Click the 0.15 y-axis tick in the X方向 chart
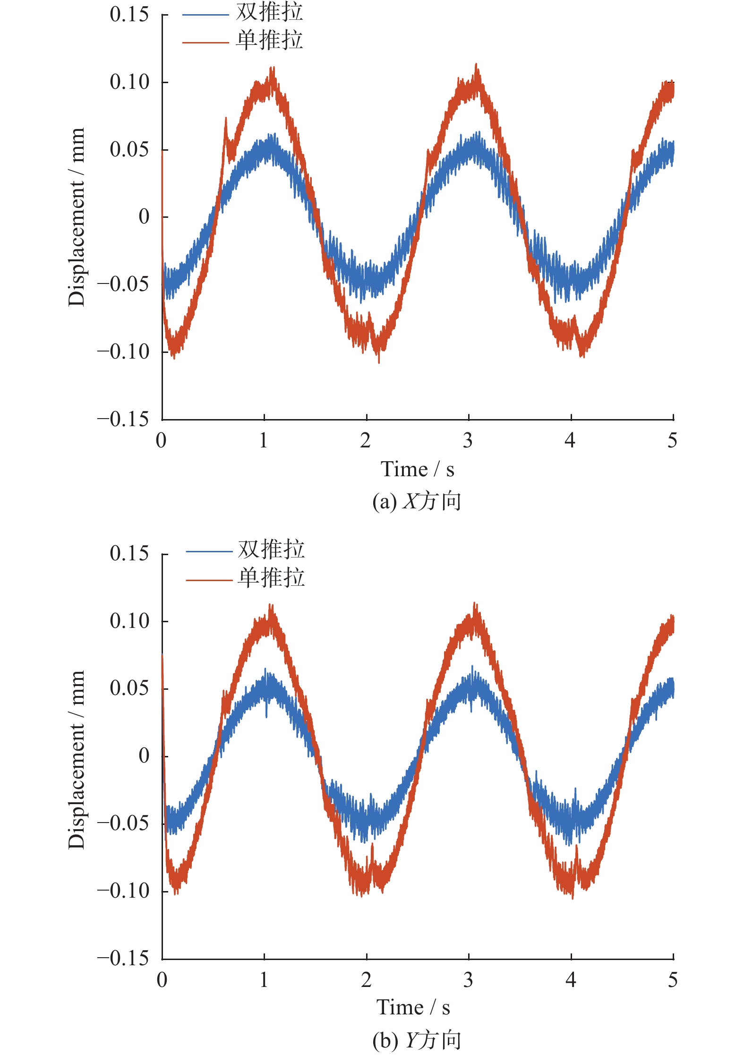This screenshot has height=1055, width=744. point(129,15)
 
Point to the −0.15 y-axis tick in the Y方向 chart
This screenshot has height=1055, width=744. point(123,958)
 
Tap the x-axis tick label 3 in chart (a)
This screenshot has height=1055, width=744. point(468,441)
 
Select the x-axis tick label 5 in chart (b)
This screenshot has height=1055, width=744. point(673,980)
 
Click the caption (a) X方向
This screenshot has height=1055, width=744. point(416,501)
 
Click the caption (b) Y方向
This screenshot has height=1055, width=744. point(416,1040)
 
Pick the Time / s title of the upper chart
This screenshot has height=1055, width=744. point(417,469)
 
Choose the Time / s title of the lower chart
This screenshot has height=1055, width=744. point(413,1007)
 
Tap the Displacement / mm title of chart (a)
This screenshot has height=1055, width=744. point(77,217)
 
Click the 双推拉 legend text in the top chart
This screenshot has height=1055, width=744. point(269,12)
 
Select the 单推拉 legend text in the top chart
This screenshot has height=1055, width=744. point(269,40)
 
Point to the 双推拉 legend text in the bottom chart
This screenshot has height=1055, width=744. point(271,549)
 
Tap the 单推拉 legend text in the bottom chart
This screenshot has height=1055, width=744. point(271,578)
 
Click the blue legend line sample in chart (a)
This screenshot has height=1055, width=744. point(205,15)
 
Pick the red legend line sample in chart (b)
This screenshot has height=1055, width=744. point(209,580)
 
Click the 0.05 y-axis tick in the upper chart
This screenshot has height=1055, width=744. point(129,150)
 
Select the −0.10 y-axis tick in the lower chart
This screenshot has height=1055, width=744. point(123,891)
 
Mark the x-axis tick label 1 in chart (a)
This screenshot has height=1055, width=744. point(264,441)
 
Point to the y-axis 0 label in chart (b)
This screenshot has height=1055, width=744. point(144,756)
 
